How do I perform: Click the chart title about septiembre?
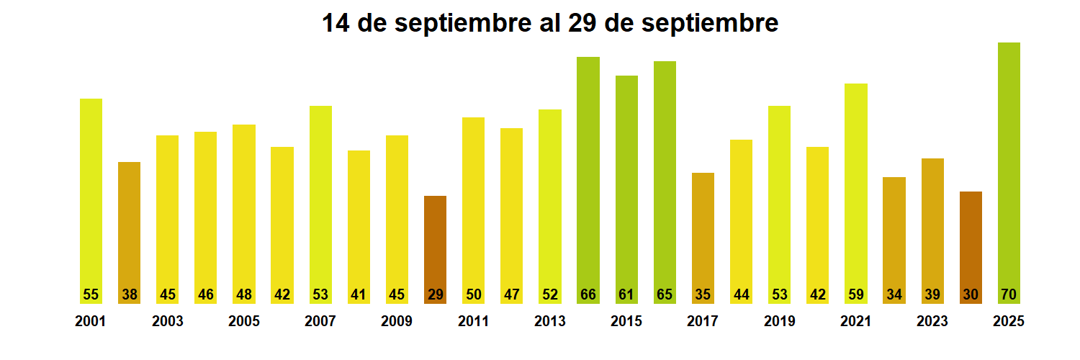[x=549, y=23]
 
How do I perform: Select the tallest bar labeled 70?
[x=1009, y=173]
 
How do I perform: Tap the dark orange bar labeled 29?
[x=435, y=248]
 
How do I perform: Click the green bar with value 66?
[x=588, y=180]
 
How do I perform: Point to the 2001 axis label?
[x=90, y=322]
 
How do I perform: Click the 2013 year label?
[x=549, y=322]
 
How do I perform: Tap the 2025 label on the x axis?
[x=1008, y=322]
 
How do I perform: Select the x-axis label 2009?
[x=397, y=322]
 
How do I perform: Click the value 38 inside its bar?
[x=130, y=294]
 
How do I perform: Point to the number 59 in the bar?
[x=856, y=294]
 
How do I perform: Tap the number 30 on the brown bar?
[x=971, y=294]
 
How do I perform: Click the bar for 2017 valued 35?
[x=703, y=238]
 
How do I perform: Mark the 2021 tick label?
[x=855, y=322]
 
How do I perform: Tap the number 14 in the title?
[x=336, y=23]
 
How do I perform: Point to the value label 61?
[x=626, y=294]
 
